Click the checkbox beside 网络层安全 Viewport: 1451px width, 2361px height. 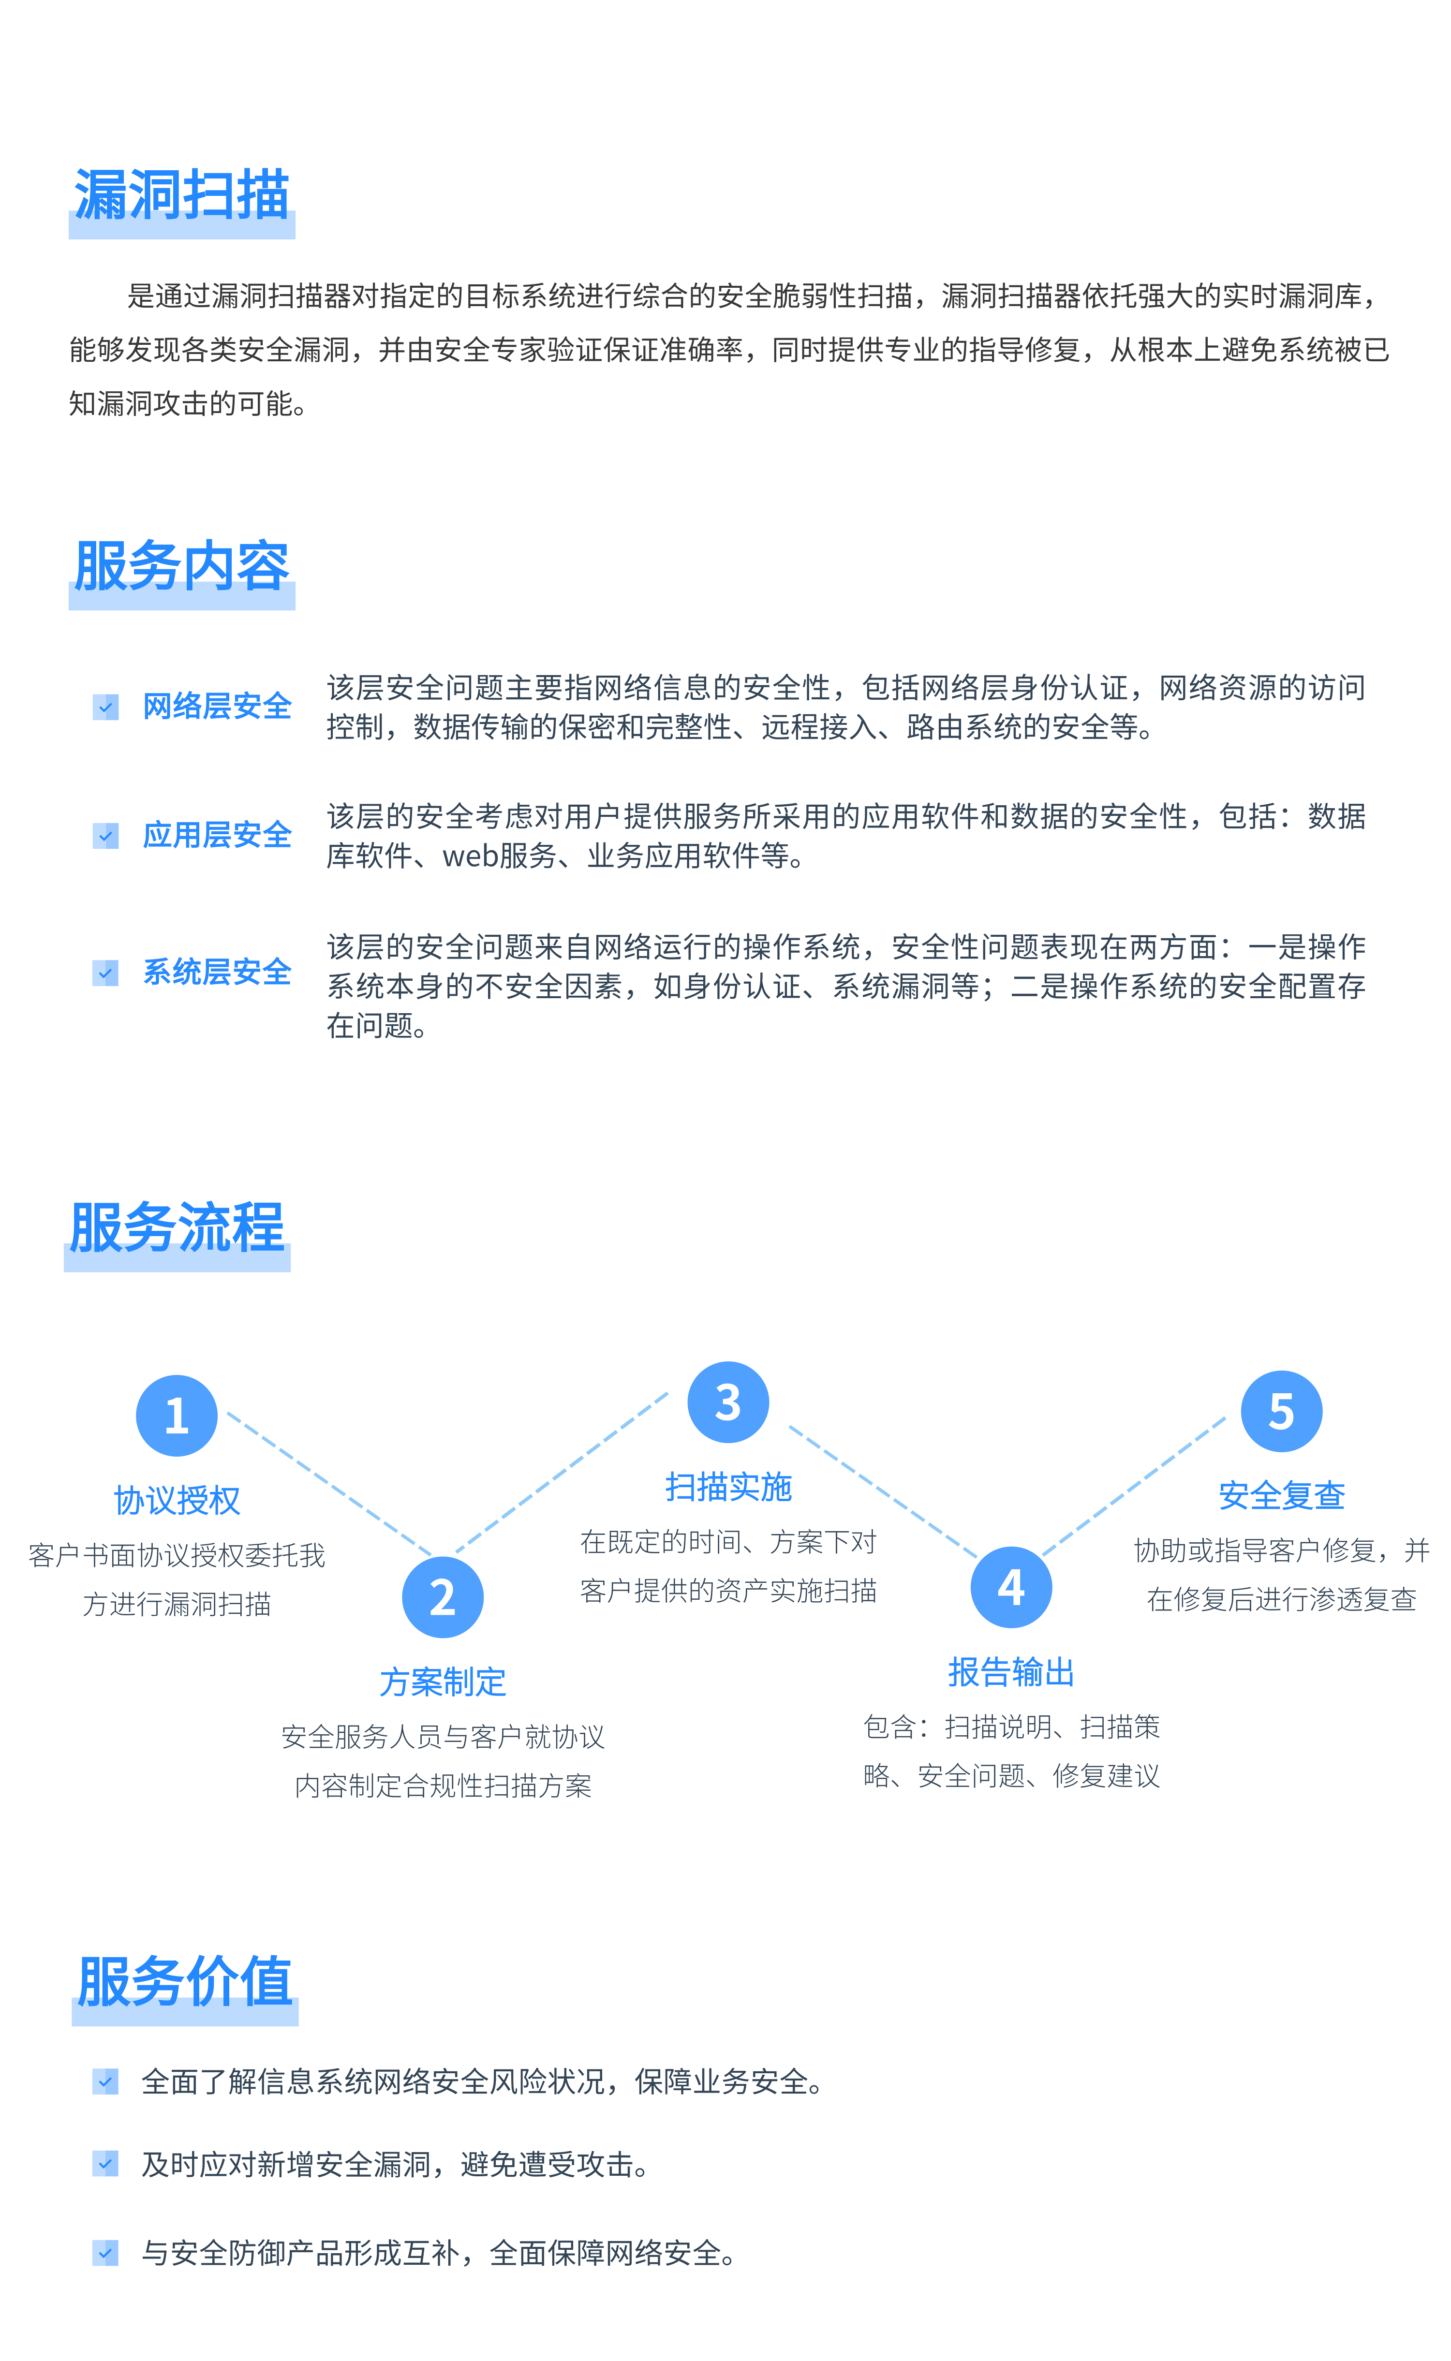coord(105,707)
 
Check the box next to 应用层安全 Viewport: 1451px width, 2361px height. coord(105,836)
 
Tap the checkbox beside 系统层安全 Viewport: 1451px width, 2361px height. coord(105,973)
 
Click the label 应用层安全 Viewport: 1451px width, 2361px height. coord(217,835)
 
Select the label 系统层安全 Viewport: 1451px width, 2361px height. coord(217,972)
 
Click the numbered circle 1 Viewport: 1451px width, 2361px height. coord(177,1415)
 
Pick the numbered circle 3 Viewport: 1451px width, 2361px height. coord(728,1402)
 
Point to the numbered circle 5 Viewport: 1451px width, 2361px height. coord(1282,1411)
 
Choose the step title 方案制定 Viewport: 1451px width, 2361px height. coord(443,1682)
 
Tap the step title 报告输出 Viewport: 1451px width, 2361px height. coord(1011,1672)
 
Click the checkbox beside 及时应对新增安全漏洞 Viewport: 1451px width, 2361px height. coord(105,2163)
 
